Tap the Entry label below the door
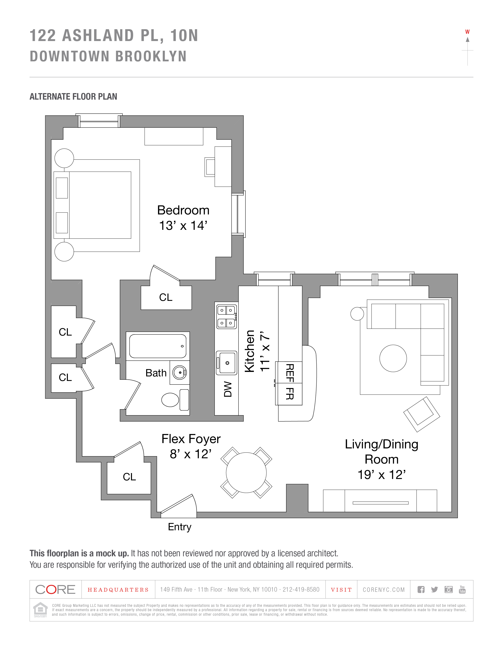click(x=180, y=527)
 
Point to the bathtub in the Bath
click(x=158, y=346)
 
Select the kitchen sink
click(x=226, y=363)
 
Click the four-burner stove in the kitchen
click(x=226, y=317)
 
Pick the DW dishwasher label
click(x=228, y=389)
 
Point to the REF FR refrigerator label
click(x=290, y=382)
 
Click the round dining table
click(x=246, y=473)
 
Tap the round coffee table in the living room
click(x=393, y=358)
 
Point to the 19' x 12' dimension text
click(x=381, y=475)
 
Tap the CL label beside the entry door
click(x=129, y=477)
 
